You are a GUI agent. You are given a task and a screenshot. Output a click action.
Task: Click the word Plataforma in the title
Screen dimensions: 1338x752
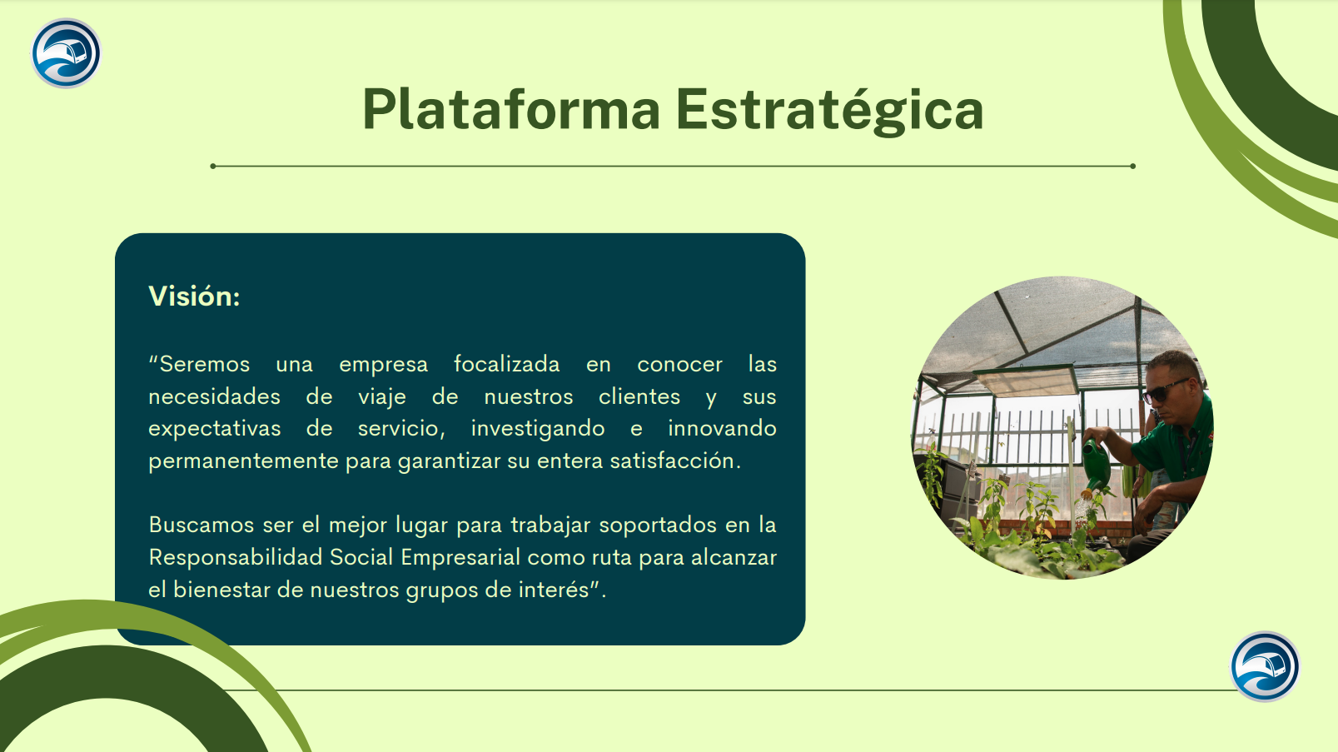click(511, 109)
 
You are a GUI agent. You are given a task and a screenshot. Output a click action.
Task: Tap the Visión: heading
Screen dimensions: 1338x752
click(194, 296)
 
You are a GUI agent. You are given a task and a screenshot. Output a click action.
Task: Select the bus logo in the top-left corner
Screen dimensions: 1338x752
click(66, 53)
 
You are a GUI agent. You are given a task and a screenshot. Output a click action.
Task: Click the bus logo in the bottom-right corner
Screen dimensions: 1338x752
click(1265, 666)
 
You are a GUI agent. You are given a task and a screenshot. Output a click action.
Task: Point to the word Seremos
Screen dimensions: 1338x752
click(204, 364)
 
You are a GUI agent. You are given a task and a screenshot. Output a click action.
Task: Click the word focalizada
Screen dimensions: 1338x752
click(506, 364)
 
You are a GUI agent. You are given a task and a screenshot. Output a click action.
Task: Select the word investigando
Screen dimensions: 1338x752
click(538, 429)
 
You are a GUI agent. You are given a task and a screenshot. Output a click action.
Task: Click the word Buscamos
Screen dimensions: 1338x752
click(201, 525)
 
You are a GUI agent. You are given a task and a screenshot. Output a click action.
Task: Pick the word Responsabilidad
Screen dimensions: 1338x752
click(236, 557)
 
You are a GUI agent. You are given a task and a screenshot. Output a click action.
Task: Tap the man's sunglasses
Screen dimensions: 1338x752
click(1164, 390)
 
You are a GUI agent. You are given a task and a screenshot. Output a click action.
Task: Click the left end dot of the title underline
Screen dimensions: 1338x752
click(213, 166)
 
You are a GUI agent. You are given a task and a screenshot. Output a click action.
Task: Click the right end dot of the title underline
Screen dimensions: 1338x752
click(1132, 166)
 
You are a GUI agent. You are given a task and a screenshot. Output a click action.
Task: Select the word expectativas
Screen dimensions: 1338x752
click(215, 429)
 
